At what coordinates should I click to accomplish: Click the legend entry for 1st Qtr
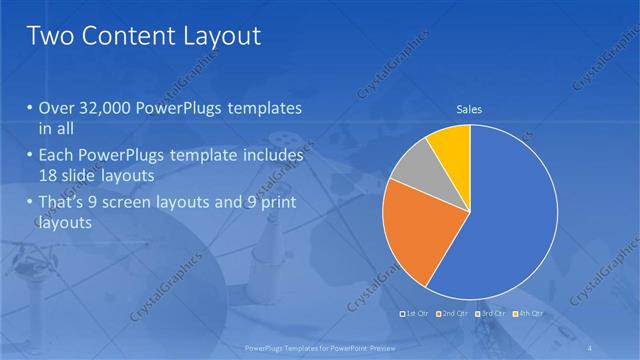(415, 314)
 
